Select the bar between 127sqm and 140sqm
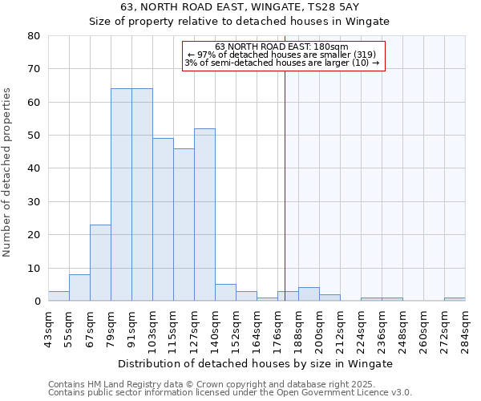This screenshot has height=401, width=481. (x=204, y=215)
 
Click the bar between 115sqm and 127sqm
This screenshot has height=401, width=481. (x=184, y=225)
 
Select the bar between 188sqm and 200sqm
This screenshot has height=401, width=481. (x=309, y=294)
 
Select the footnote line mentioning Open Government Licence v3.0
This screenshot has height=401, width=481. (x=230, y=392)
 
